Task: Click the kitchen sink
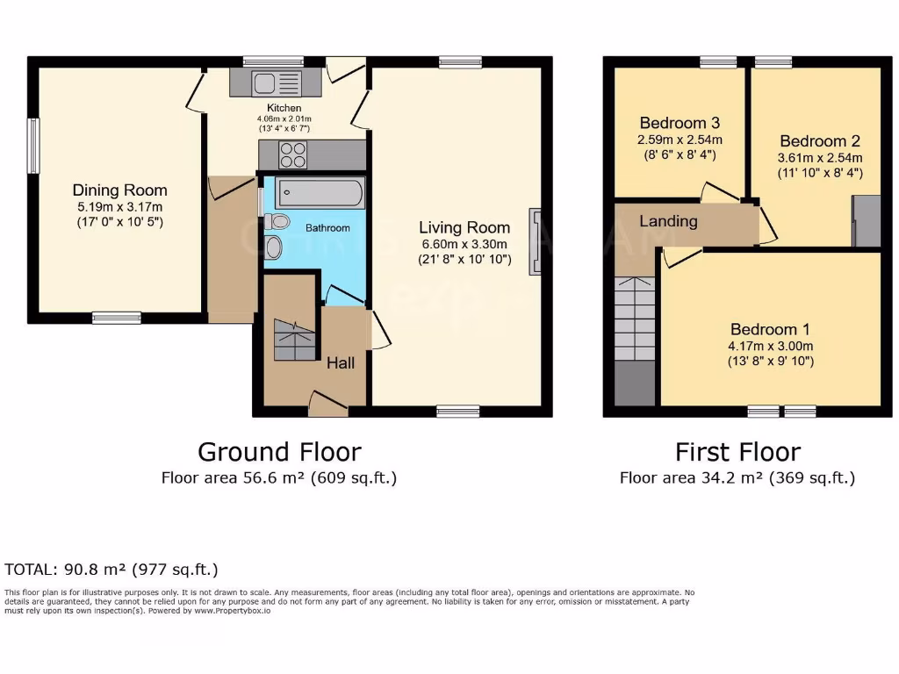pyautogui.click(x=277, y=83)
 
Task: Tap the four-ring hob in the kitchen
pyautogui.click(x=294, y=154)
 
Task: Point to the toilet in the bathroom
pyautogui.click(x=279, y=221)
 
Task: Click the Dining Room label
pyautogui.click(x=119, y=190)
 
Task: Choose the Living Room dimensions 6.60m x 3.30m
pyautogui.click(x=464, y=244)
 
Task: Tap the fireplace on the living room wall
pyautogui.click(x=535, y=242)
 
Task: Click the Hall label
pyautogui.click(x=341, y=362)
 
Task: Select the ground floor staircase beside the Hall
pyautogui.click(x=293, y=341)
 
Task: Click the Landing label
pyautogui.click(x=668, y=221)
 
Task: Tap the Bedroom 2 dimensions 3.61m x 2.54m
pyautogui.click(x=820, y=158)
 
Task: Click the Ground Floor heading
pyautogui.click(x=279, y=452)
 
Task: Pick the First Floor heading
pyautogui.click(x=737, y=452)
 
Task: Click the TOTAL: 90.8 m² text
pyautogui.click(x=111, y=569)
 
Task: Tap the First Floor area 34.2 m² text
pyautogui.click(x=737, y=478)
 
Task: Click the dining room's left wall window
pyautogui.click(x=32, y=146)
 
